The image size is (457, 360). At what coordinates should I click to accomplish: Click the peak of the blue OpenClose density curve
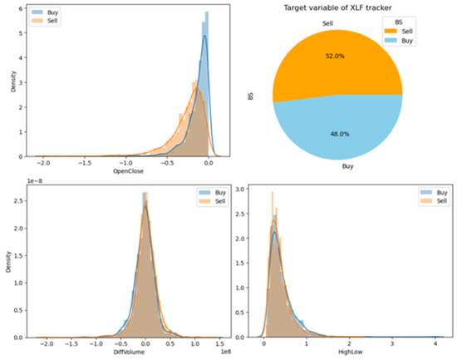point(204,36)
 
